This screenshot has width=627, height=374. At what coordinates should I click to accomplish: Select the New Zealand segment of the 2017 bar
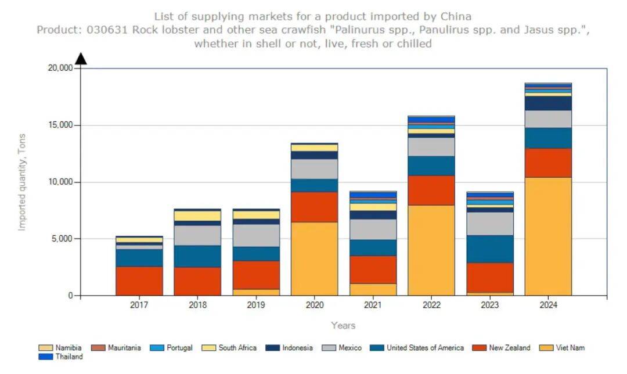pos(139,281)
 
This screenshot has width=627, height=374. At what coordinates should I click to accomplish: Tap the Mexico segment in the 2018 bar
pos(197,235)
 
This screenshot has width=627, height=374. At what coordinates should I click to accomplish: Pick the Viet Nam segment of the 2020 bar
pos(314,259)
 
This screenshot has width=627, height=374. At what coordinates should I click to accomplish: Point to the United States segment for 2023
pos(490,249)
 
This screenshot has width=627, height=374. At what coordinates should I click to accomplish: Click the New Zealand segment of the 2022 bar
pos(431,190)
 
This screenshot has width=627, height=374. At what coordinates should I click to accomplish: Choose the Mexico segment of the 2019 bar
pos(256,235)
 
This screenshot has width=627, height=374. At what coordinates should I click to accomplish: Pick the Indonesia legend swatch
pos(273,348)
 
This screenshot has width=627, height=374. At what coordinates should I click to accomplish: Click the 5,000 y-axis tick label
pos(62,239)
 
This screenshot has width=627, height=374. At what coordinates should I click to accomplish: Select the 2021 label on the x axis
pos(373,305)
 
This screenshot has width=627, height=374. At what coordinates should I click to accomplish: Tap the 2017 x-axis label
pos(139,305)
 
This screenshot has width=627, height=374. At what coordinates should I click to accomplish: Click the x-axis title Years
pos(343,325)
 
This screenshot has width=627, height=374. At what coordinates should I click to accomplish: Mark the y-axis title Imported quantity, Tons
pos(22,182)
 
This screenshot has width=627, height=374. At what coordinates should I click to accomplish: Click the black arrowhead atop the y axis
pos(81,58)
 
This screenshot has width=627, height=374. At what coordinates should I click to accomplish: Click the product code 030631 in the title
pos(102,30)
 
